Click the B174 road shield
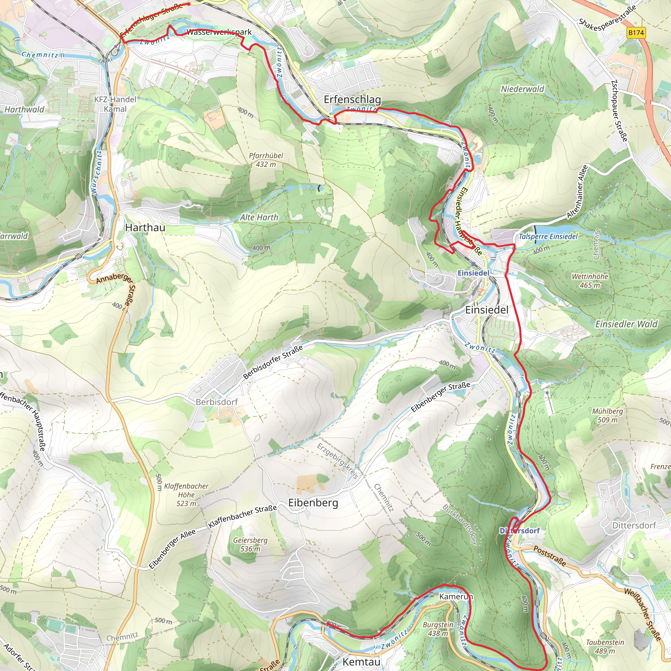coord(636,33)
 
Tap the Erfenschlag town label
coord(352,100)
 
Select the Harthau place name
coord(145,227)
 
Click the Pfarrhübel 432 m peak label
coord(266,160)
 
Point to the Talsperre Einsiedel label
coord(548,237)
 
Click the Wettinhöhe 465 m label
coord(590,281)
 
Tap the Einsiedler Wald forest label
coord(626,324)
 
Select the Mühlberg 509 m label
coord(607,415)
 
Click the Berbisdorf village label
coord(217,402)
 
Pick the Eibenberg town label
coord(313,503)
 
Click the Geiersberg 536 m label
coord(250,545)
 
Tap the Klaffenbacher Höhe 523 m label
coord(186,494)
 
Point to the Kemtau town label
coord(361,661)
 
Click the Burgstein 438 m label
coord(438,629)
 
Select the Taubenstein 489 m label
coord(605,647)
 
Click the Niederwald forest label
coord(522,89)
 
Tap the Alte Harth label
coord(259,218)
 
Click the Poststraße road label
coord(549,556)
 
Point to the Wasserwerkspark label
coord(219,32)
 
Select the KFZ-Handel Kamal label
coord(115,104)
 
